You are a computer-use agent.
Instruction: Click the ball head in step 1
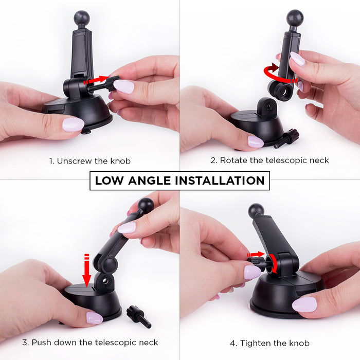[82, 18]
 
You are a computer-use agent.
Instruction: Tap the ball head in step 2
[295, 17]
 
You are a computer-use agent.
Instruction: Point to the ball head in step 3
[146, 206]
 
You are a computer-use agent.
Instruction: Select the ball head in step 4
[256, 211]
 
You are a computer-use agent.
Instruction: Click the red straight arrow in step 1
[97, 80]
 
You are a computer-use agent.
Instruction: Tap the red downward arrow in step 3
[86, 271]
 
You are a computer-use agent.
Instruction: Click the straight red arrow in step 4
[256, 255]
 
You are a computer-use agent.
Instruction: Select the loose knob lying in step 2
[286, 138]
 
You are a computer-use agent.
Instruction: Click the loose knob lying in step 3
[139, 316]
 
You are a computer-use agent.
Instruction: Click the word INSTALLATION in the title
[220, 181]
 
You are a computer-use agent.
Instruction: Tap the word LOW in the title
[109, 181]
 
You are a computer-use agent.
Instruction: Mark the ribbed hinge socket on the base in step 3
[105, 281]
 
